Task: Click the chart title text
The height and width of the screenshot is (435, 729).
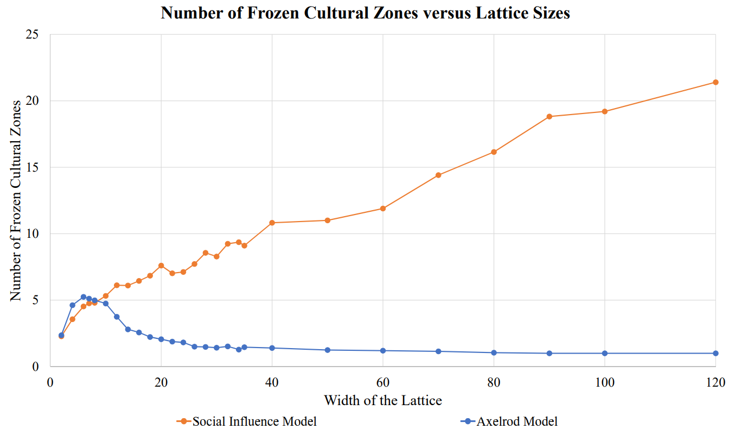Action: click(x=365, y=13)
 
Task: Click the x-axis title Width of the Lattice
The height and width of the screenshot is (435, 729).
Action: click(x=383, y=401)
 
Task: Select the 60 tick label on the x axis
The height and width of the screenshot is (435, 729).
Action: click(x=383, y=382)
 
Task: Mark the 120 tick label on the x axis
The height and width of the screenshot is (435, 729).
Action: click(x=715, y=382)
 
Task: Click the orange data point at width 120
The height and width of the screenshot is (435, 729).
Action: click(x=715, y=82)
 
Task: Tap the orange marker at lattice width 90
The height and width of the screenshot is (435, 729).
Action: click(x=549, y=116)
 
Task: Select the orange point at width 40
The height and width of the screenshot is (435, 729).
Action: click(x=272, y=223)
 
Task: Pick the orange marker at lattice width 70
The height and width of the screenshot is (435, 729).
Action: click(x=438, y=175)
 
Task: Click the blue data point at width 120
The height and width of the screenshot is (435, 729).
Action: click(x=715, y=353)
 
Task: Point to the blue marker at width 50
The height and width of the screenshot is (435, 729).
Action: click(x=328, y=350)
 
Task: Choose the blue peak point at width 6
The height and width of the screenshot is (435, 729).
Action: click(x=84, y=297)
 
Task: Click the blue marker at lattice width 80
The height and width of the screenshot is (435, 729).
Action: click(x=494, y=352)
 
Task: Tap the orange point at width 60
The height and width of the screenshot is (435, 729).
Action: click(x=383, y=209)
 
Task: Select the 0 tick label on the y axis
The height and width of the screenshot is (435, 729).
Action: click(x=35, y=367)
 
